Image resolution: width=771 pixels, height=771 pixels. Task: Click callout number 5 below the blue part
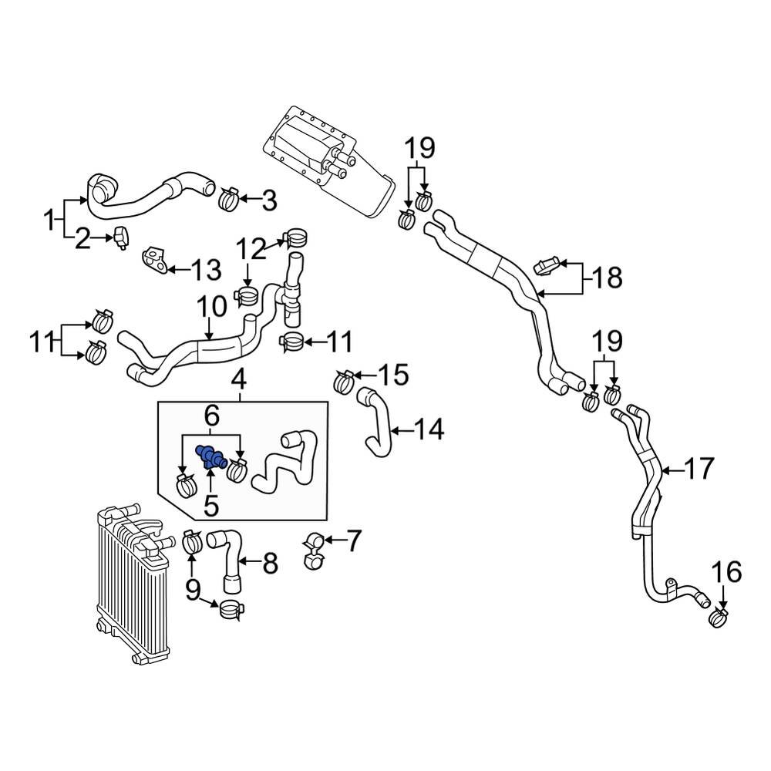(x=210, y=507)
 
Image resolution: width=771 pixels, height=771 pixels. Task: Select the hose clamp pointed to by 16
(x=719, y=616)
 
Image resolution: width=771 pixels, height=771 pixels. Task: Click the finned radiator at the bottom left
(x=131, y=586)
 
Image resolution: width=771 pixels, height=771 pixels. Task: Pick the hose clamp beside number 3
(x=229, y=200)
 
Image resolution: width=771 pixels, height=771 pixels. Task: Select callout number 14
(x=429, y=429)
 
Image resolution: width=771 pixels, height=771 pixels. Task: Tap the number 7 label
(x=352, y=541)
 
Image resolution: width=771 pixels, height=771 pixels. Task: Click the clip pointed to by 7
(x=314, y=550)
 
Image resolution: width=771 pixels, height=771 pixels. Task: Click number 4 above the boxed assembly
(x=240, y=379)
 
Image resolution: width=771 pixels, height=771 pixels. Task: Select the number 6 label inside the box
(x=211, y=417)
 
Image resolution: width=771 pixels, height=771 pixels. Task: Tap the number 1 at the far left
(x=49, y=221)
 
